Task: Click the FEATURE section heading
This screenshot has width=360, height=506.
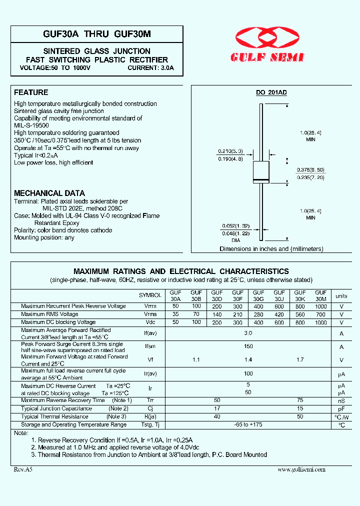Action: [31, 92]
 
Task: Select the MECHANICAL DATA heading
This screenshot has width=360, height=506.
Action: [49, 193]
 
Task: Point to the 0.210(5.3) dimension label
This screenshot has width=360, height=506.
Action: [230, 151]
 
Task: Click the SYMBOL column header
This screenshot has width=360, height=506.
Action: [150, 295]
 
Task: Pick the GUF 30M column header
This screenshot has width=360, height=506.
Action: [320, 295]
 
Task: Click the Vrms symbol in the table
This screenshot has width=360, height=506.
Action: [150, 314]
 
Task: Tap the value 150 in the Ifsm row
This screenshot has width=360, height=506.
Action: [248, 346]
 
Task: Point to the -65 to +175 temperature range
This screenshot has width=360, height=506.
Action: [248, 424]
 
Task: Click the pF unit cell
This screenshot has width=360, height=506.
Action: [341, 408]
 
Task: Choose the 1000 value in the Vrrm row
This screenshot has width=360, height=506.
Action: [320, 306]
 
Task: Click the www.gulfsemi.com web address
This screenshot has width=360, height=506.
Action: [301, 469]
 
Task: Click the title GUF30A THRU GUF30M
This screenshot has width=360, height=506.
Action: [97, 33]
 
